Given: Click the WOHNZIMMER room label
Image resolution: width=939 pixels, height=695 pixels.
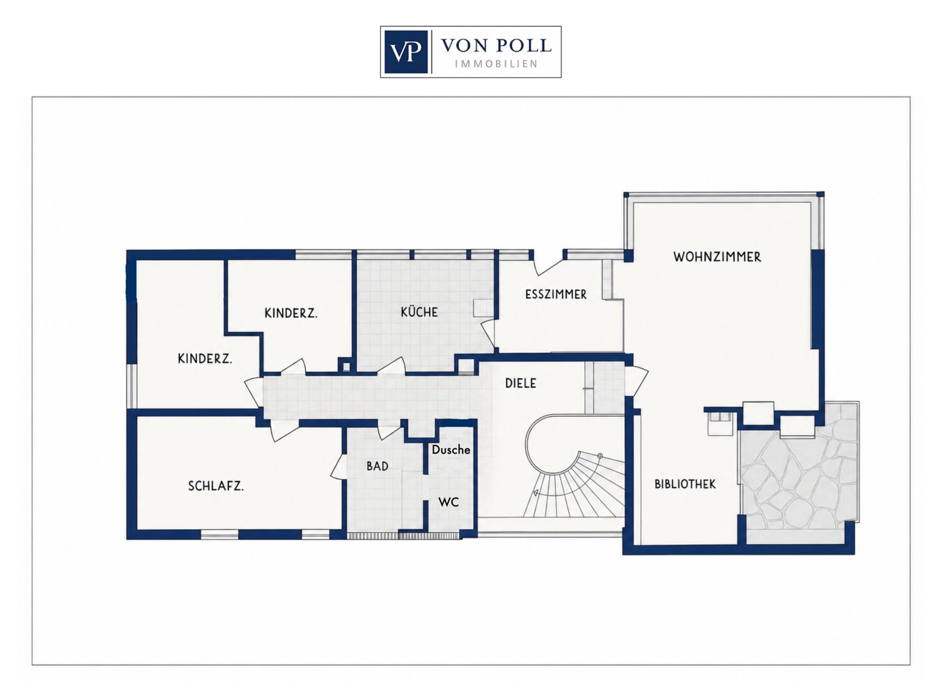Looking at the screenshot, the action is [x=717, y=256].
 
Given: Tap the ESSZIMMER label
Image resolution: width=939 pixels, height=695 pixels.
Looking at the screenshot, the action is [x=555, y=295].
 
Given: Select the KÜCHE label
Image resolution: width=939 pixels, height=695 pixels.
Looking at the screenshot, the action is [x=419, y=312].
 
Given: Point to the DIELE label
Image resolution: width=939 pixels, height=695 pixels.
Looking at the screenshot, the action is [x=520, y=383].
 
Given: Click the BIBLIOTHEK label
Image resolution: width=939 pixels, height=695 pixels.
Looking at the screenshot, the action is [x=685, y=484].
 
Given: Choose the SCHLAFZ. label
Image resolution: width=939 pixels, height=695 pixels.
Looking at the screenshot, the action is [x=215, y=486].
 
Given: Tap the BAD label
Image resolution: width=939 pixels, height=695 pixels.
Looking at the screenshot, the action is [x=377, y=466].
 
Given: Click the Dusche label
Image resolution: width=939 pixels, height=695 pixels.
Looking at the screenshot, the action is [x=451, y=449].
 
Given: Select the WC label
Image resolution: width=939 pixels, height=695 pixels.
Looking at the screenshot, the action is [x=448, y=502].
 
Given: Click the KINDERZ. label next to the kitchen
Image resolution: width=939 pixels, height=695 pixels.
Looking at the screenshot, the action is [x=290, y=313].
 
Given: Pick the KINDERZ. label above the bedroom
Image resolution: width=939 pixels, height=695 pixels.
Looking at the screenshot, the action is [x=205, y=358].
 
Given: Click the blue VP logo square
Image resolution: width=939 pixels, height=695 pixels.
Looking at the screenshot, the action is [x=406, y=51].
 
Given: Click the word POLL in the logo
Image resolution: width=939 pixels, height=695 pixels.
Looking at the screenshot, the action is [x=525, y=46].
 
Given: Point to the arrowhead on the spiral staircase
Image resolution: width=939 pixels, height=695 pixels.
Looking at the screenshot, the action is [x=535, y=492].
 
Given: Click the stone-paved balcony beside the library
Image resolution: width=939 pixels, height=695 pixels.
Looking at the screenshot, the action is [x=798, y=476].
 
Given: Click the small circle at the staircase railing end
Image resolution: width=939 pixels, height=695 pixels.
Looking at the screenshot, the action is [x=600, y=455].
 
